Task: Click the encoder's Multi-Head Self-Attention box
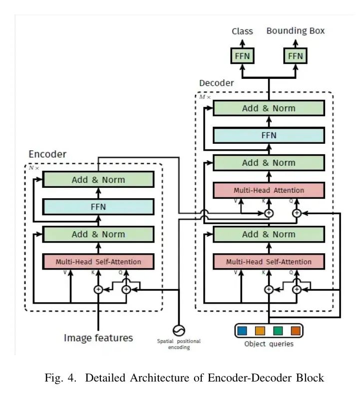pos(98,262)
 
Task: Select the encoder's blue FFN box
pos(98,207)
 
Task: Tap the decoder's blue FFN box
pos(269,135)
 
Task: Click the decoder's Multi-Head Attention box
pos(269,190)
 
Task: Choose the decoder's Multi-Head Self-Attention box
pos(269,262)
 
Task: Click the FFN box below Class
pos(242,56)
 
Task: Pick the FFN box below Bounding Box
pos(295,56)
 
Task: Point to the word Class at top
pos(242,31)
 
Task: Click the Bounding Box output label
pos(295,31)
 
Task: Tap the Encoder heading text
pos(47,154)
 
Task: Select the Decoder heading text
pos(216,83)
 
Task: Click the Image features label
pos(98,338)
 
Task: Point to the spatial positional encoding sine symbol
pos(178,330)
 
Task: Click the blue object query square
pos(242,331)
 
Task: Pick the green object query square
pos(278,331)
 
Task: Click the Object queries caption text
pos(269,344)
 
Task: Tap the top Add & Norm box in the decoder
pos(269,108)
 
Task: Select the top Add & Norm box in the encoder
pos(98,180)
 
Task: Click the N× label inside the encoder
pos(33,168)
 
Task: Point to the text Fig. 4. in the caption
pos(60,378)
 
